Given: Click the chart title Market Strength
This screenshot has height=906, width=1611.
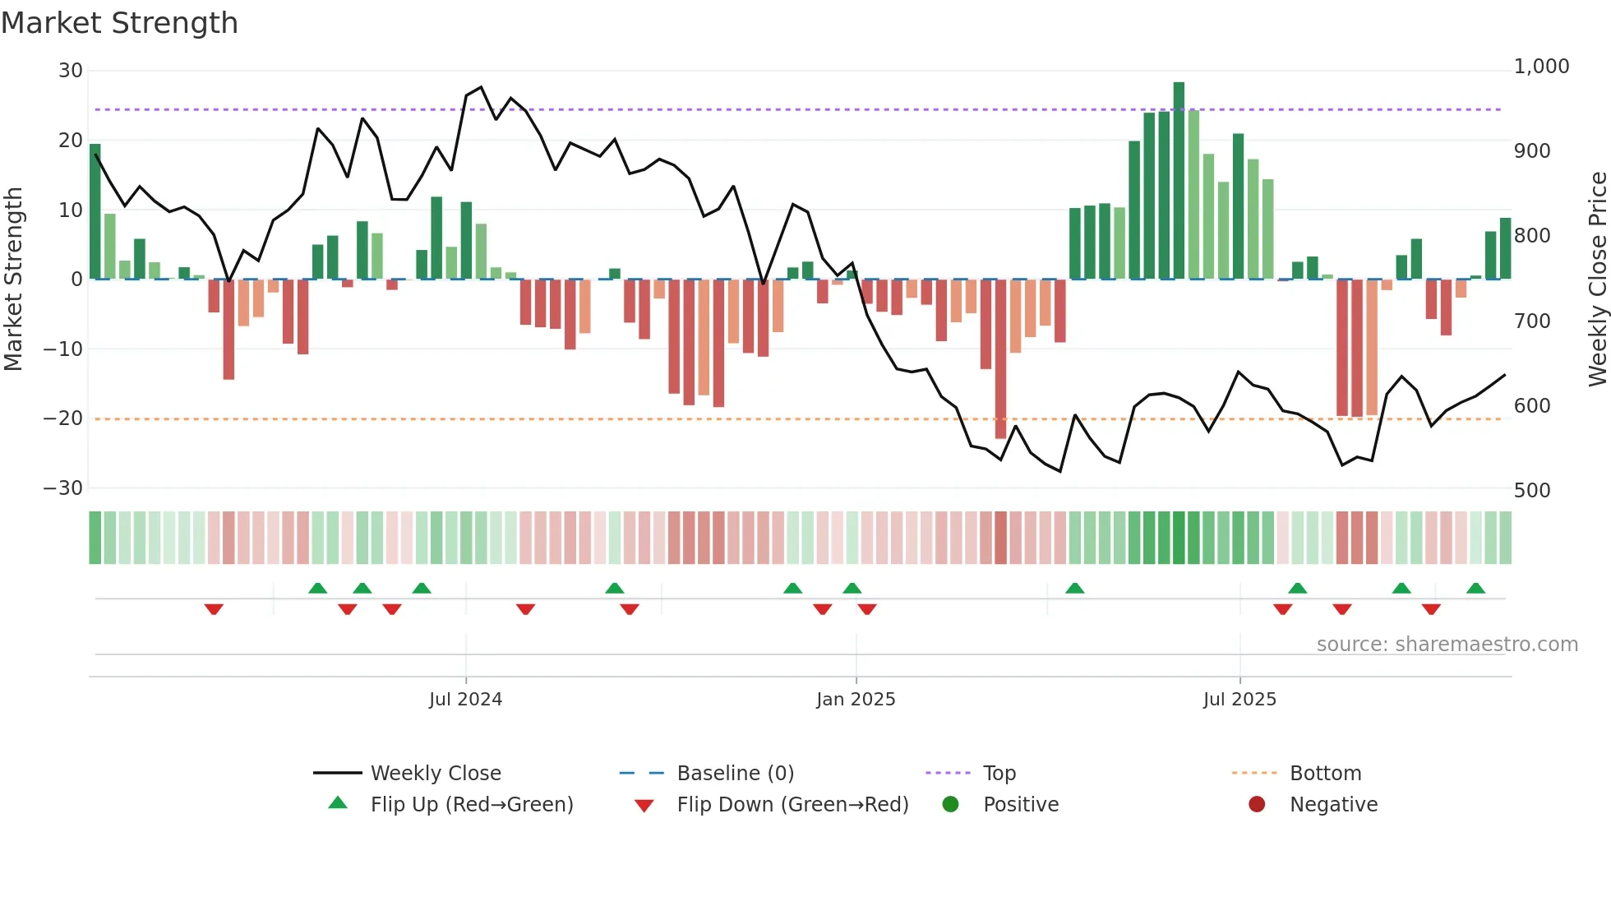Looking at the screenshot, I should (x=119, y=23).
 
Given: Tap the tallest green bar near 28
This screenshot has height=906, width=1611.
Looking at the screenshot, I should (x=1179, y=181).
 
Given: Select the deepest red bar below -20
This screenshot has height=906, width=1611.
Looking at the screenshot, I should (x=1000, y=358).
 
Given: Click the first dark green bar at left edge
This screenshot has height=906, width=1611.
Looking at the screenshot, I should (x=95, y=211).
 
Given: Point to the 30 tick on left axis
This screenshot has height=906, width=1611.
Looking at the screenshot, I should (x=71, y=71).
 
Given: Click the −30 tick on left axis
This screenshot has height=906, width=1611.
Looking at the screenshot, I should (x=63, y=488).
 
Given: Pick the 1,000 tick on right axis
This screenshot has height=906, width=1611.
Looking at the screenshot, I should (x=1541, y=67).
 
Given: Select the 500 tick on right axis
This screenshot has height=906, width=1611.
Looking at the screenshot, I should (x=1531, y=491).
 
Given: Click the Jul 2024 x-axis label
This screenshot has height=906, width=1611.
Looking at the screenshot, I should (x=465, y=700).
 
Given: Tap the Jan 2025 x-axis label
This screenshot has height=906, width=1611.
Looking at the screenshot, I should (x=856, y=700).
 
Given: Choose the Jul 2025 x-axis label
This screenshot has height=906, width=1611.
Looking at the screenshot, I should (x=1239, y=700).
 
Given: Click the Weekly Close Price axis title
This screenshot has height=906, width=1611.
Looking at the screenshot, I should (x=1597, y=280).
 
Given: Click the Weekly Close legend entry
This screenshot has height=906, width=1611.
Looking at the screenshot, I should (x=436, y=774).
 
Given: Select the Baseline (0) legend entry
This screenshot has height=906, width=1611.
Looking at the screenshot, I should (x=735, y=774).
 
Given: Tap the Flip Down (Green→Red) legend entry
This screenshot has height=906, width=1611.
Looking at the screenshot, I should (x=792, y=805).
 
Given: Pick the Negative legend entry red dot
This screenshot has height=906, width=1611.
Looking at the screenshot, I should (x=1257, y=805).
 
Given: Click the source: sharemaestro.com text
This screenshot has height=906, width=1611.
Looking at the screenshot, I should (x=1447, y=645).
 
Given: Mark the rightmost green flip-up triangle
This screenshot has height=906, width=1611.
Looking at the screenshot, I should (x=1475, y=588).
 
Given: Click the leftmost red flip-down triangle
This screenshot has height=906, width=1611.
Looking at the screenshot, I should (x=214, y=609).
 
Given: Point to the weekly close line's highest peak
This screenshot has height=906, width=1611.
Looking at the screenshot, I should (x=481, y=87).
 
